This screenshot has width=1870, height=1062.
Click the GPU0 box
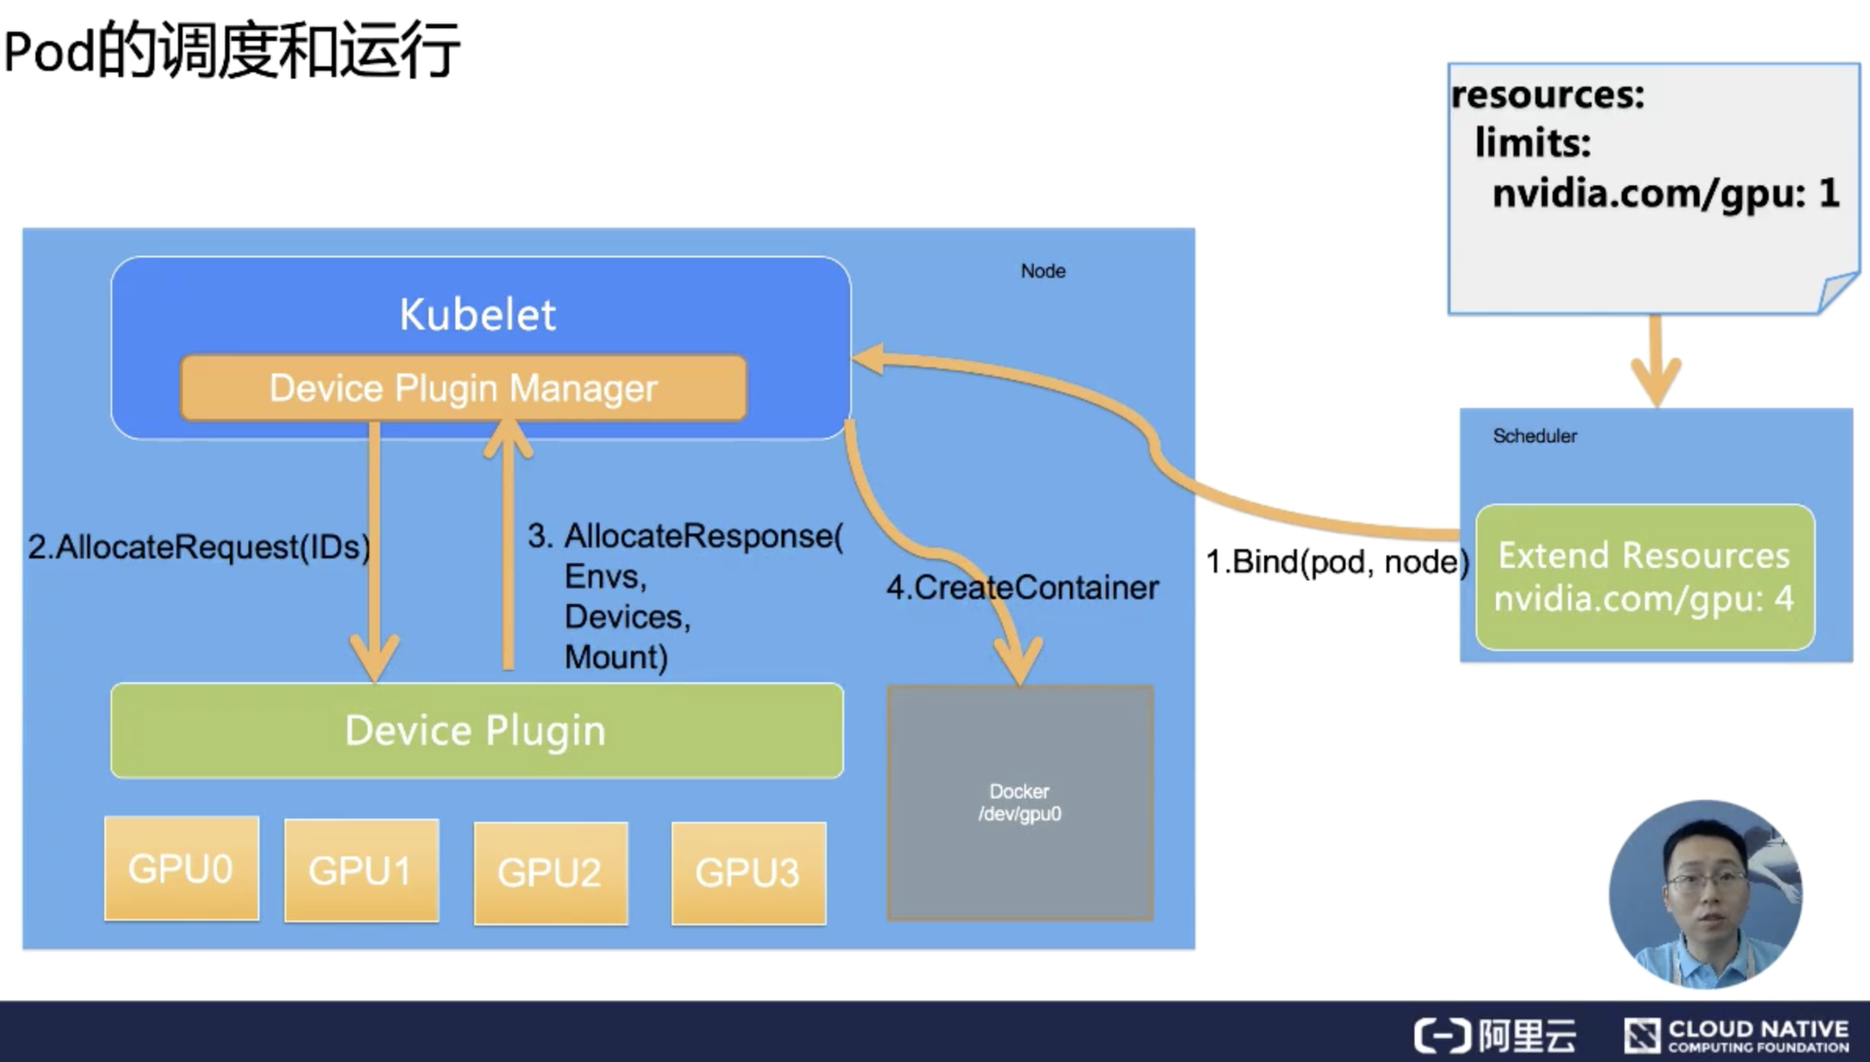click(182, 868)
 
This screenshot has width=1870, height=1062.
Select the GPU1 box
click(361, 870)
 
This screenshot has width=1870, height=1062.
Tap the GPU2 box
click(551, 873)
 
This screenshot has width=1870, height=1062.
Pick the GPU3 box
click(749, 873)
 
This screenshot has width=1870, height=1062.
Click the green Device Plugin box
click(477, 731)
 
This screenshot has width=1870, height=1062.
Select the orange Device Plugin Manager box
click(464, 388)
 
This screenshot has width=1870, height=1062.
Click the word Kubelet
click(477, 315)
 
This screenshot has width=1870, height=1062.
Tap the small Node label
click(1043, 271)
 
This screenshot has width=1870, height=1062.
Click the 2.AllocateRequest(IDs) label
click(199, 547)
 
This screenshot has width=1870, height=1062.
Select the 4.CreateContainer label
click(1023, 588)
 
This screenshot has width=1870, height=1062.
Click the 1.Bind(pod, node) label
click(1337, 562)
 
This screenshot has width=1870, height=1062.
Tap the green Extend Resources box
click(1645, 577)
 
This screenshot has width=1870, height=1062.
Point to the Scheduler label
click(1535, 436)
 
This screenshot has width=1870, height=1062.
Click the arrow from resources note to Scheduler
click(1656, 360)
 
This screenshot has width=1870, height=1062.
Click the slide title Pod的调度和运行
click(232, 50)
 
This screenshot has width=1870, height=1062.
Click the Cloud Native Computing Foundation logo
click(1737, 1035)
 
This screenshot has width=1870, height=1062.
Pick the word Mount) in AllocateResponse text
click(617, 657)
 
